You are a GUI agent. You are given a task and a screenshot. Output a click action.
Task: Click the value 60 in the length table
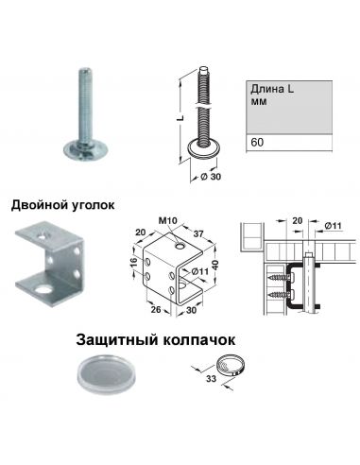[257, 144]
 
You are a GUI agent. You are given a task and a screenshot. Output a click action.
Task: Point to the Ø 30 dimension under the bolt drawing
[212, 176]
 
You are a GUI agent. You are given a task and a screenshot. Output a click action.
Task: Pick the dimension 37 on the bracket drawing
[200, 233]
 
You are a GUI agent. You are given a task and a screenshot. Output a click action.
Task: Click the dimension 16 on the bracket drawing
[134, 264]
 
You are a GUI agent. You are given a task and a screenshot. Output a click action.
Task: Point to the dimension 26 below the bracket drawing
[152, 306]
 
